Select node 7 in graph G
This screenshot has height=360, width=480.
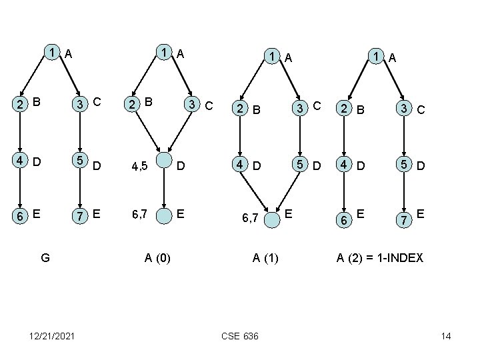(x=80, y=216)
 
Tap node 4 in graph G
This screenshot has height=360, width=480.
(x=21, y=161)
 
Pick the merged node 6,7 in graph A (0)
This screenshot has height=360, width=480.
(x=163, y=215)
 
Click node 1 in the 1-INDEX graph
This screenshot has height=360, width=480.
(x=377, y=57)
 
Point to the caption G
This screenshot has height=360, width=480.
(x=45, y=257)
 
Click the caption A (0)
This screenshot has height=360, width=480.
(x=157, y=257)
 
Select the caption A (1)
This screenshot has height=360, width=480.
(x=265, y=257)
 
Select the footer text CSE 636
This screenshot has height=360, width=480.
(x=239, y=336)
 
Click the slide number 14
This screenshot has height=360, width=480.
(x=445, y=336)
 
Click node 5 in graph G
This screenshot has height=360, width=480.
(x=80, y=160)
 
